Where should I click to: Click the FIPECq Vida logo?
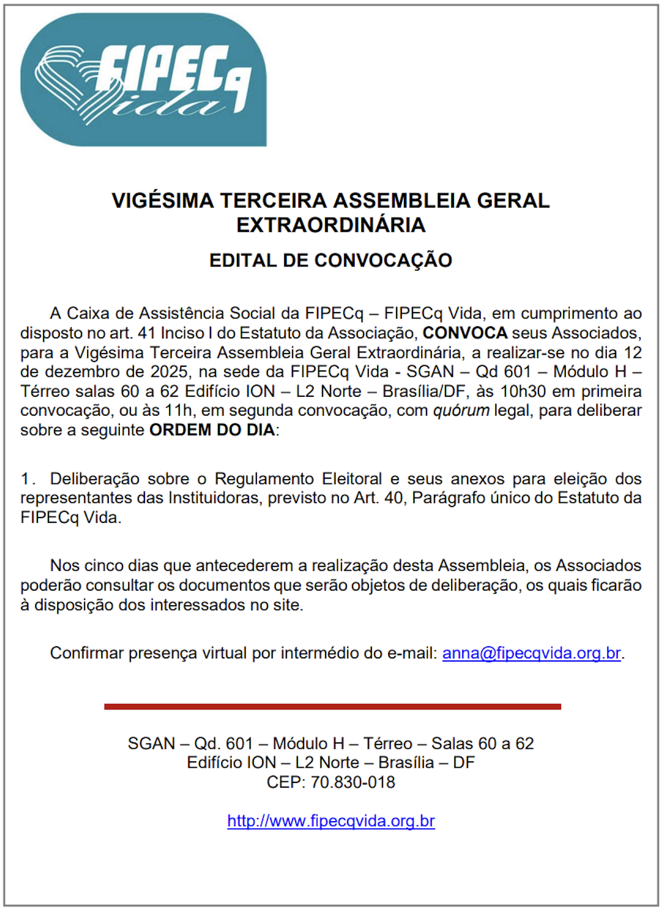point(143,80)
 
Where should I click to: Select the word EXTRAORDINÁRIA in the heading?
point(331,225)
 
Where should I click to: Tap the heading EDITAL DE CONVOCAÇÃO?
point(331,261)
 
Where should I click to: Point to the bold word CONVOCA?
point(465,333)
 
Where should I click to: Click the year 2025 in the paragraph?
point(169,372)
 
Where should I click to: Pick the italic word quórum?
point(461,410)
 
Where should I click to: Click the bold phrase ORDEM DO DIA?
point(212,430)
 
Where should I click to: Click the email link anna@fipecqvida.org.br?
point(532,653)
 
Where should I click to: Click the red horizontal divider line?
point(333,707)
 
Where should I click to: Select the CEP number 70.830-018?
point(352,782)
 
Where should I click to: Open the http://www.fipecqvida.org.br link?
point(331,821)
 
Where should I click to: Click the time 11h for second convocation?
point(177,410)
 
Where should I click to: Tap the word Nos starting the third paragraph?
point(65,566)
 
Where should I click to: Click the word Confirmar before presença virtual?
point(87,653)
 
